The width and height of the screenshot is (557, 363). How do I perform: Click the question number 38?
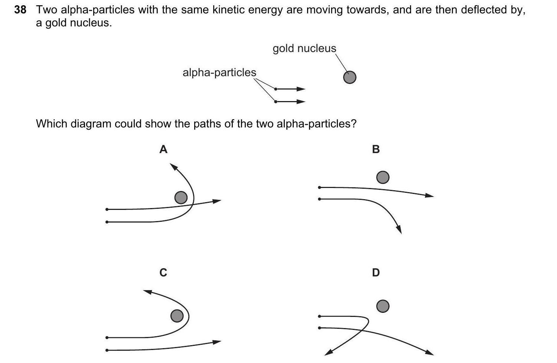pos(20,10)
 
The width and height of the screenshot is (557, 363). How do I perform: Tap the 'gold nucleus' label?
pos(304,49)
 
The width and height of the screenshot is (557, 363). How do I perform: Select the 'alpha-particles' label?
pos(219,72)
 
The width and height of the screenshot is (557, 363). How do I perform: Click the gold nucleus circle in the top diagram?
pos(349,77)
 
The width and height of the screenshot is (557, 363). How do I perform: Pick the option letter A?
pos(163,149)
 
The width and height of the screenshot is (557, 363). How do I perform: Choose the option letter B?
pos(376,149)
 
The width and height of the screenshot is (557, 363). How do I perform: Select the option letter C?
pos(163,273)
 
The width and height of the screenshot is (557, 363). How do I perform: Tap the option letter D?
pos(376,273)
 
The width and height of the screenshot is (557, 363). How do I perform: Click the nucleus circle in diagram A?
pos(181,198)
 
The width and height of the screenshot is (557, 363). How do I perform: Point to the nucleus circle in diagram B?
pos(383,177)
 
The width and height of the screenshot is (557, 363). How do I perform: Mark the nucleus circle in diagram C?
pos(177,316)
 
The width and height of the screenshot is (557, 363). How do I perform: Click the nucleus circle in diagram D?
pos(383,306)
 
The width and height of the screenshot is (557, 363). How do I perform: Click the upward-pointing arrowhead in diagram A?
pos(173,166)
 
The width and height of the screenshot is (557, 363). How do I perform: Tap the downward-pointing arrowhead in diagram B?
pos(399,230)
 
